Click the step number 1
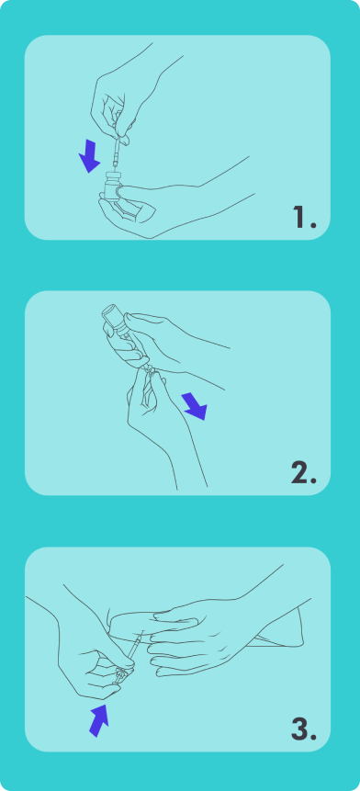pos(304,217)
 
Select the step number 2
pos(304,473)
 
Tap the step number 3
pos(304,729)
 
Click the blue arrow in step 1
pos(90,156)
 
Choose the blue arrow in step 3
pos(99,720)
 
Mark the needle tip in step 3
pos(144,630)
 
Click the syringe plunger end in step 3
pos(119,675)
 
